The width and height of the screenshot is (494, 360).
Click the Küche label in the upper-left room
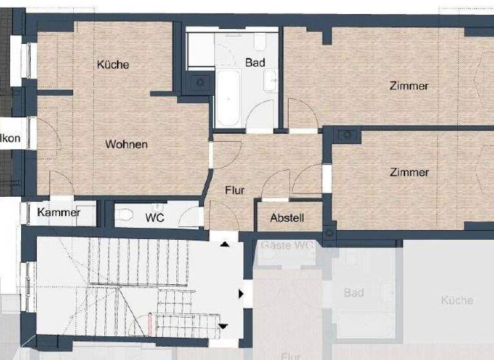point(113,64)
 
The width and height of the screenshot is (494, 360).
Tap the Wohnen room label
point(126,144)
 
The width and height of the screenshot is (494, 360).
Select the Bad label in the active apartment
point(255,62)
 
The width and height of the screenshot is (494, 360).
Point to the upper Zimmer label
point(408,85)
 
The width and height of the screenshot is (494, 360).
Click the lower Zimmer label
point(409,172)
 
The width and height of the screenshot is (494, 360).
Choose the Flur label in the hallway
point(235,190)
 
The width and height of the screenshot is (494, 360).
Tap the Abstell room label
point(287,218)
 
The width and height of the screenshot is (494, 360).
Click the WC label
point(154,218)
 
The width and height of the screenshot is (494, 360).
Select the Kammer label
point(59,213)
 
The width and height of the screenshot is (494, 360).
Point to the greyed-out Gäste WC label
point(286,246)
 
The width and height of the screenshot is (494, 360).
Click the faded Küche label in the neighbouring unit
point(457,300)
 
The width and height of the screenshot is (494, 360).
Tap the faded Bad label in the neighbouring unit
point(354,293)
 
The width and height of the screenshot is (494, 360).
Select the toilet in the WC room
point(127,215)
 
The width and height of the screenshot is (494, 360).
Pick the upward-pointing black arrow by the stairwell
point(224,244)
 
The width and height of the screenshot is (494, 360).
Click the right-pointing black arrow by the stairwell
point(242,294)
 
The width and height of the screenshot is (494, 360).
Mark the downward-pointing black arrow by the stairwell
point(223,326)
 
